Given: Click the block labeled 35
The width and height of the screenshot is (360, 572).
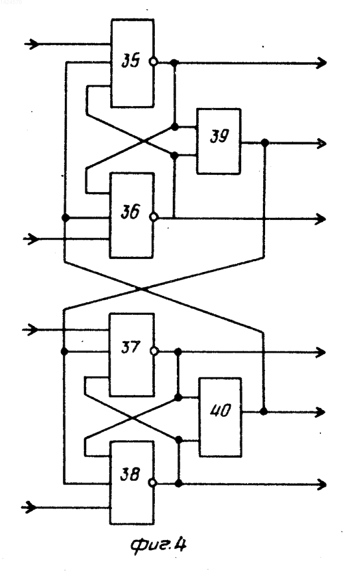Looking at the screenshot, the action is click(x=132, y=63).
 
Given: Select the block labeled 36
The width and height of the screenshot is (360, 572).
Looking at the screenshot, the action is click(x=132, y=215).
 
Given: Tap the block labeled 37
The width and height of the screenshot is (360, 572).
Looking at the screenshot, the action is click(x=132, y=355).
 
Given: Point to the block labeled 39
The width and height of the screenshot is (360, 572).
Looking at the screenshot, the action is click(x=219, y=141).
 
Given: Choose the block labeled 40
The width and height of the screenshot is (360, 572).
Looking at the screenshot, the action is click(x=220, y=417).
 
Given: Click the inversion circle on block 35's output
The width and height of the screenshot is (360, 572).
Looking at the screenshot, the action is click(x=154, y=62).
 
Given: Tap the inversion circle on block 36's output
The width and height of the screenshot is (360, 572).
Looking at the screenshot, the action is click(x=154, y=217).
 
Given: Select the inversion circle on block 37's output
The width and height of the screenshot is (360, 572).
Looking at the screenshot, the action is click(x=154, y=351).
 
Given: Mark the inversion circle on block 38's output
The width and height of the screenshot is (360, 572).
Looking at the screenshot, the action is click(x=153, y=483).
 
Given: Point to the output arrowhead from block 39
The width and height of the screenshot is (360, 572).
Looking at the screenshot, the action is click(x=321, y=143).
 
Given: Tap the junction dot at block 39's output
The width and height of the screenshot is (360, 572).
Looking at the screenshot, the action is click(x=265, y=143).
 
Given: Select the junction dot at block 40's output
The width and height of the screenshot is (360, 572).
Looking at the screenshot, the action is click(x=263, y=411).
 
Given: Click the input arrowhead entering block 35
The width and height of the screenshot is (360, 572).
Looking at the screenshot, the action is click(x=33, y=44).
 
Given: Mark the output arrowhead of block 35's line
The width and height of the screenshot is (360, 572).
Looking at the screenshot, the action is click(x=322, y=63).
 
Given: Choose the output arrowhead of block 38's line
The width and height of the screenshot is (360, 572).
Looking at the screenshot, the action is click(x=322, y=484).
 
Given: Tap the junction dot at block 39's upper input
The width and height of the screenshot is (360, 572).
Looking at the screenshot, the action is click(x=175, y=126).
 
